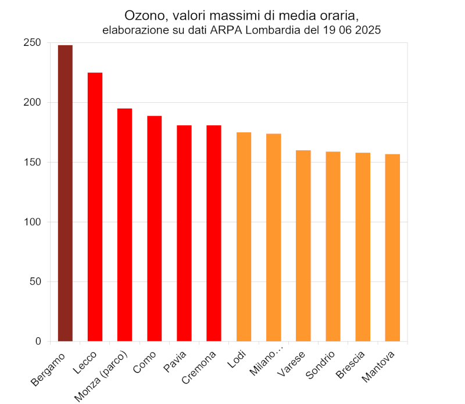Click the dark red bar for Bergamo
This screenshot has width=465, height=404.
coord(65,193)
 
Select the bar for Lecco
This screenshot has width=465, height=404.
coord(95,207)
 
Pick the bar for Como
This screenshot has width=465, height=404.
coord(155,229)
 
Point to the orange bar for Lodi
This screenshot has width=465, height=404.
coord(244,237)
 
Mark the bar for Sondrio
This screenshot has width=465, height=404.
coord(333,246)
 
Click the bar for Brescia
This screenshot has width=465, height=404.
coord(363,247)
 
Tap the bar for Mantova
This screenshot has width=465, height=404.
coord(392,247)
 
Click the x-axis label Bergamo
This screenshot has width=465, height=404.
coord(49,369)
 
